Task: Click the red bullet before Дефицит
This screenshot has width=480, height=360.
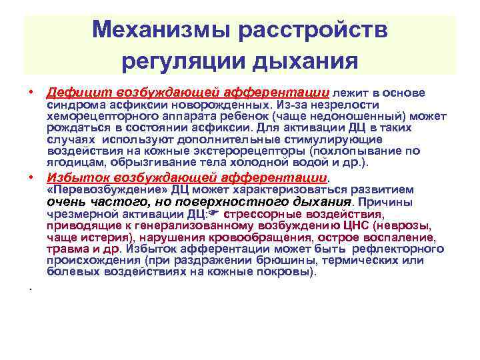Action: coord(31,93)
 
